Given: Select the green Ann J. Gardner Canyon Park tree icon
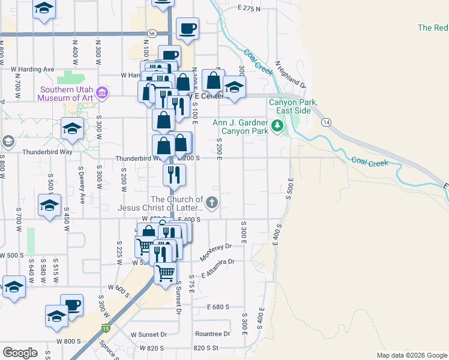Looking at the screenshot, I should pos(277,126).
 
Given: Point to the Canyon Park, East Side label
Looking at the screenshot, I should pos(292,106).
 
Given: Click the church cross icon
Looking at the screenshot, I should pos(212,204).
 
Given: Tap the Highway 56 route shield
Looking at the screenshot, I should pos(152,34).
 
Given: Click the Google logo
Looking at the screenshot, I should pos(20,353).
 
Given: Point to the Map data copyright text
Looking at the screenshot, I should pos(411,355).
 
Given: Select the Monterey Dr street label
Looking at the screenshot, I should pos(215,251).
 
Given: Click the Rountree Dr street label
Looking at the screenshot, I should pos(212,334).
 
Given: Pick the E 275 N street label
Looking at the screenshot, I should pos(250,8).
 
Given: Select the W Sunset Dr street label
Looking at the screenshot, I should pos(148,334).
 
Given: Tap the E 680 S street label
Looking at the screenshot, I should pos(217,307).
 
